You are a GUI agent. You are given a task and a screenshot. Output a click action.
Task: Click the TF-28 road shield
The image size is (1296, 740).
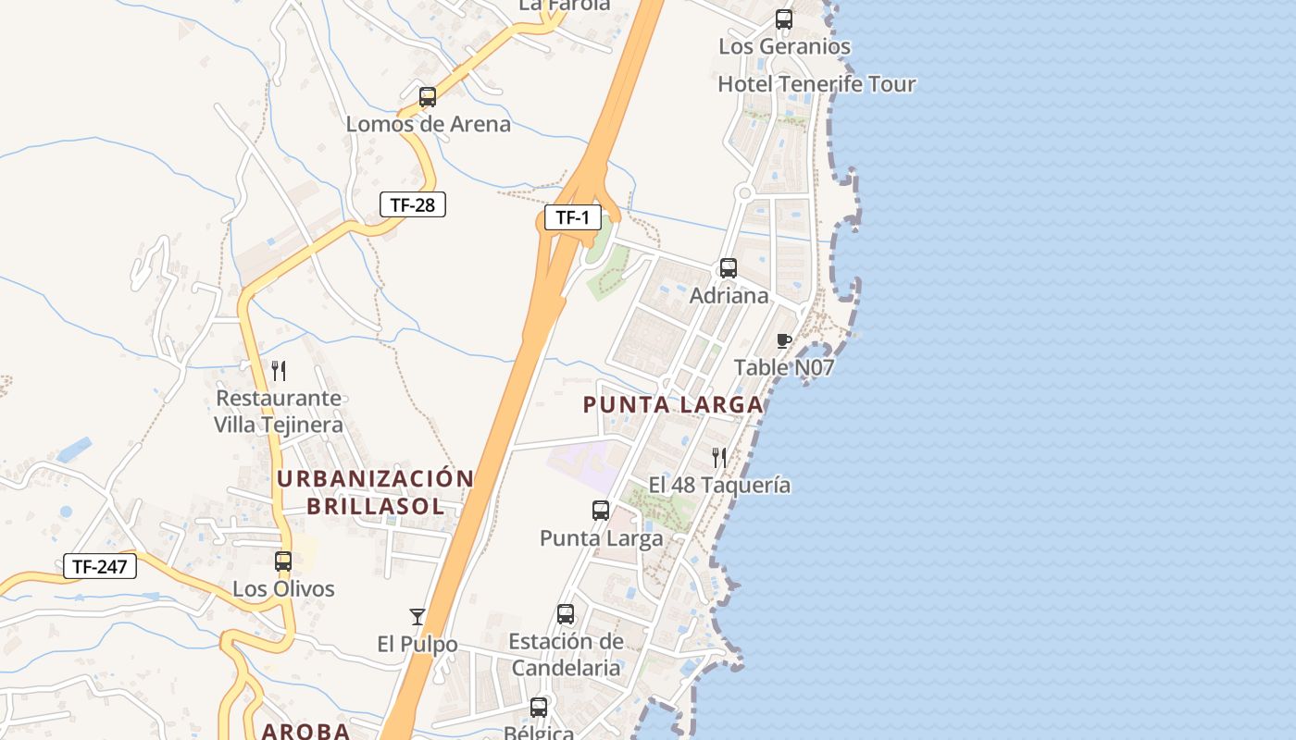pyautogui.click(x=413, y=204)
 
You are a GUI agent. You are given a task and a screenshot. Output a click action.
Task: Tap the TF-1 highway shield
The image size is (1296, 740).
pyautogui.click(x=572, y=217)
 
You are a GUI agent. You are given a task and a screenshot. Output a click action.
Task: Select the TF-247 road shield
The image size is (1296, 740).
pyautogui.click(x=100, y=566)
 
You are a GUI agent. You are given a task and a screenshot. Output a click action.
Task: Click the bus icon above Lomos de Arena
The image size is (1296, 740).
pyautogui.click(x=428, y=96)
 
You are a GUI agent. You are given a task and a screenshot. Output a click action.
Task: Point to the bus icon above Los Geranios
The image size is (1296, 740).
pyautogui.click(x=784, y=18)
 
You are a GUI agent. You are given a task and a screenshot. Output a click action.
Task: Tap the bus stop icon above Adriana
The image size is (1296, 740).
pyautogui.click(x=729, y=268)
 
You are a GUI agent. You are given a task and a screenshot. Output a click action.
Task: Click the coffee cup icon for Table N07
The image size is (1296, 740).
pyautogui.click(x=784, y=340)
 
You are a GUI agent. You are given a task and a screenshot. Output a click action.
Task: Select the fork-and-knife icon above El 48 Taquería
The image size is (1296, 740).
pyautogui.click(x=718, y=456)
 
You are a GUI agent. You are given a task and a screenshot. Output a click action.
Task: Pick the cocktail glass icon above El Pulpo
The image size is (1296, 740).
pyautogui.click(x=417, y=616)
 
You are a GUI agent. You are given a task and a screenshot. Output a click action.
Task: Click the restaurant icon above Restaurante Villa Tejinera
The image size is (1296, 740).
pyautogui.click(x=279, y=371)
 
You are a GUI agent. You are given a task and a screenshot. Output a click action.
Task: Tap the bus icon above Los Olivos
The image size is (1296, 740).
pyautogui.click(x=283, y=561)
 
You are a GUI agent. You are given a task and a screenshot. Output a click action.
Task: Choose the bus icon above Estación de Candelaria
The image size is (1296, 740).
pyautogui.click(x=566, y=613)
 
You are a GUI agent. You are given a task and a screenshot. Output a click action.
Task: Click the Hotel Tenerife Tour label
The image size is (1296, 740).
pyautogui.click(x=816, y=84)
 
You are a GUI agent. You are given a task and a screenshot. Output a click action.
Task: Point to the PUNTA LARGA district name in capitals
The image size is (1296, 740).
pyautogui.click(x=673, y=404)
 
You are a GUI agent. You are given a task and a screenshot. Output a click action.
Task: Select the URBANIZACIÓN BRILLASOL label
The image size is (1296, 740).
pyautogui.click(x=375, y=492)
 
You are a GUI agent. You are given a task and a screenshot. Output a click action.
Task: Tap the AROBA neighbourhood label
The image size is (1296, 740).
pyautogui.click(x=305, y=731)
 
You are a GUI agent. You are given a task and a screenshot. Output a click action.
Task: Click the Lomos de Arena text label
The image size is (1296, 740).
pyautogui.click(x=429, y=124)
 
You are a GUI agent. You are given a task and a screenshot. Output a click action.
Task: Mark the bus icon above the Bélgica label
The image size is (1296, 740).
pyautogui.click(x=539, y=708)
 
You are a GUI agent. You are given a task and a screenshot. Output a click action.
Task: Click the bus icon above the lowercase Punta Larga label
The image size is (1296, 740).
pyautogui.click(x=601, y=510)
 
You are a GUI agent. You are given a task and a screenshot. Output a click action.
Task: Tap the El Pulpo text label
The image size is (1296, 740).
pyautogui.click(x=417, y=644)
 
